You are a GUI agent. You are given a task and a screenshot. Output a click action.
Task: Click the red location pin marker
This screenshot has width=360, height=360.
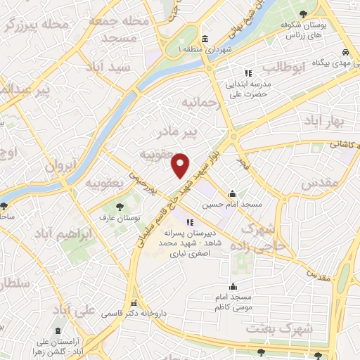coord(181,165)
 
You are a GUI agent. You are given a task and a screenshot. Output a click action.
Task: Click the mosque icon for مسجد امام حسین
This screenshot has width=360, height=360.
coord(233,195)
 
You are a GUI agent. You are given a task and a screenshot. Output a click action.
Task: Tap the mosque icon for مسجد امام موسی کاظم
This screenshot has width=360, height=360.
coord(233,287)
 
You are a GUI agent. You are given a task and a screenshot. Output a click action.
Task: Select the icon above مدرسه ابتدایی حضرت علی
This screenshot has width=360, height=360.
coord(247,73)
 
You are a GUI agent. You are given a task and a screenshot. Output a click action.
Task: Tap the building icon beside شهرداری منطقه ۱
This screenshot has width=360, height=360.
coord(204,38)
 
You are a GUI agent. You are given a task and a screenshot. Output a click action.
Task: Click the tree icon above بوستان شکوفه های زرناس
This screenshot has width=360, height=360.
coord(302,14)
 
